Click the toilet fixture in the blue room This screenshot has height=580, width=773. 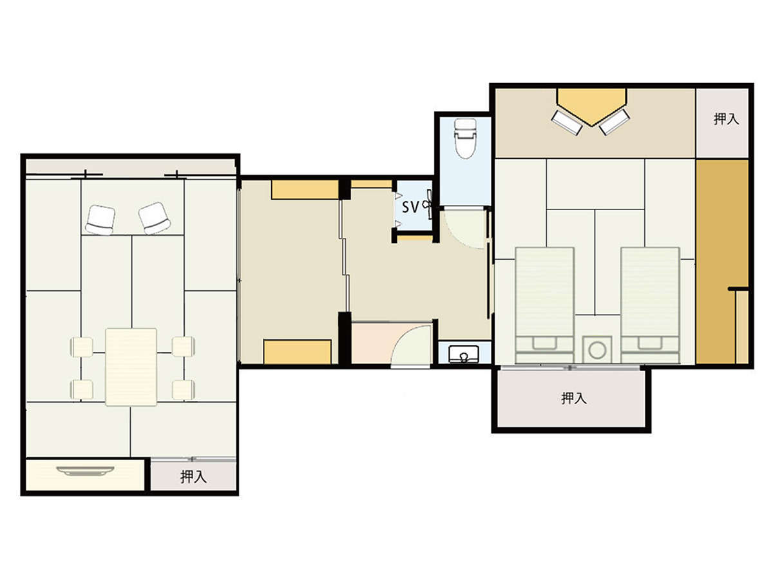(465, 139)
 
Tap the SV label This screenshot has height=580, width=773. (410, 207)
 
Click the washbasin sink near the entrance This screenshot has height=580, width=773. (464, 354)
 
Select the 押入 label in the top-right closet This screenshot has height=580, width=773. (726, 119)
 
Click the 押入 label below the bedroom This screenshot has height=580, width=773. (574, 398)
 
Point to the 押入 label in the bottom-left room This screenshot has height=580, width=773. (193, 477)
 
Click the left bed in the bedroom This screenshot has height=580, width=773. (544, 305)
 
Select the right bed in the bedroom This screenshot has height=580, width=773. (650, 305)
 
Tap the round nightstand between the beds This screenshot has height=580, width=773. (597, 351)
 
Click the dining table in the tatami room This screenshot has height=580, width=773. (131, 367)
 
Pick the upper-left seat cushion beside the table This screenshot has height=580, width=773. (82, 347)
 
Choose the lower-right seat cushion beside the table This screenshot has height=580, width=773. (183, 390)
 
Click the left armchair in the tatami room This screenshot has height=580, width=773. (100, 220)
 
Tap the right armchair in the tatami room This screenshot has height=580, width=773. (155, 218)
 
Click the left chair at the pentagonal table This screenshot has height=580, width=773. (567, 122)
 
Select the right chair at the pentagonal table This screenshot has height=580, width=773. (615, 122)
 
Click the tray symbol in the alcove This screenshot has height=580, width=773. (85, 471)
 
